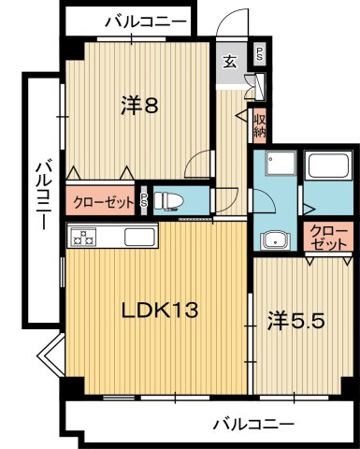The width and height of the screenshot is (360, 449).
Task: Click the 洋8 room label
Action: pyautogui.click(x=137, y=106)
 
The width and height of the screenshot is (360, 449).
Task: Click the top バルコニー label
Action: pyautogui.click(x=146, y=19)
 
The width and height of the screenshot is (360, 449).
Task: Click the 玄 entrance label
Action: pyautogui.click(x=230, y=63)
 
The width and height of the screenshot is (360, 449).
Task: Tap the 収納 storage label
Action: pyautogui.click(x=260, y=124)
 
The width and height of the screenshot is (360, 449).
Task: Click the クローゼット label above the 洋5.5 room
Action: pyautogui.click(x=327, y=237)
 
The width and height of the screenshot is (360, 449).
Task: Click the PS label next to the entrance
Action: pyautogui.click(x=259, y=53)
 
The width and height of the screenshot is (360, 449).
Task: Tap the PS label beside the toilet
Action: pyautogui.click(x=143, y=199)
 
